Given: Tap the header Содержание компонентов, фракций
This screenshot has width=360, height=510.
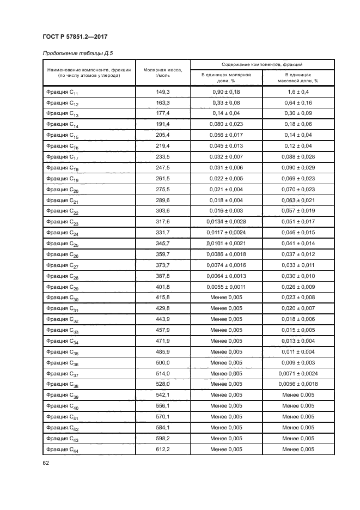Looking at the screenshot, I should (262, 64).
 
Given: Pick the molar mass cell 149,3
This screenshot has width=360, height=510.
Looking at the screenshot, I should (162, 92).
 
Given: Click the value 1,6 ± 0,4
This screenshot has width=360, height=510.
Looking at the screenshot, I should (298, 92).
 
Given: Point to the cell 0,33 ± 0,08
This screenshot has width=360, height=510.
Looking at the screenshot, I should (225, 103).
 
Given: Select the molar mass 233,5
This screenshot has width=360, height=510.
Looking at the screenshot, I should (162, 157).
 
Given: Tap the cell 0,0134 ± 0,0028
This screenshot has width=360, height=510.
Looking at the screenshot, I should (225, 222).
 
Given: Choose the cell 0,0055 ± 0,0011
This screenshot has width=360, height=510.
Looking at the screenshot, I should (225, 287).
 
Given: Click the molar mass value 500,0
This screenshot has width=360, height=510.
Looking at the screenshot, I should (162, 362).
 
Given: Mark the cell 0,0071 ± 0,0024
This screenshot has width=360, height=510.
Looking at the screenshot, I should (298, 373).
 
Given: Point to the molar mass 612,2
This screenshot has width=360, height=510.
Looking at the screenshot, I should (162, 449).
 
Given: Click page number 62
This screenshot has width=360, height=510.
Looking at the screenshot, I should (46, 463).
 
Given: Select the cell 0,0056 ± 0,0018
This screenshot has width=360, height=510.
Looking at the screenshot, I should (298, 384).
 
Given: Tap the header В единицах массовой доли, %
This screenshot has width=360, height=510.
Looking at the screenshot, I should (298, 77).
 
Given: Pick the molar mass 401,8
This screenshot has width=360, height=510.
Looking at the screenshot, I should (162, 287).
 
